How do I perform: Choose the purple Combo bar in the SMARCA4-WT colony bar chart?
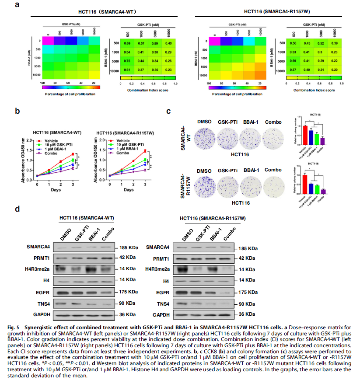(x=322, y=141)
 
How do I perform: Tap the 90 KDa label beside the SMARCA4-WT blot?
(x=124, y=303)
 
